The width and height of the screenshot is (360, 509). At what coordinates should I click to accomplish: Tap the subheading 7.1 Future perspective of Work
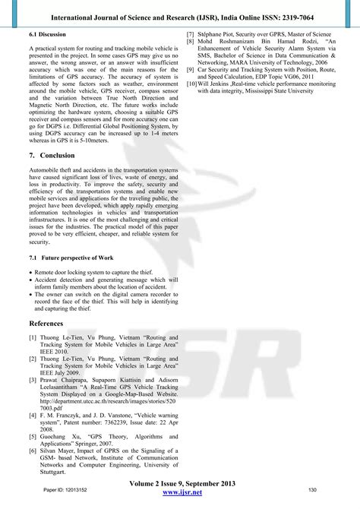(x=71, y=258)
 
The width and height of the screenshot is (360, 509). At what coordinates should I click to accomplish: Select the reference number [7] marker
(x=190, y=35)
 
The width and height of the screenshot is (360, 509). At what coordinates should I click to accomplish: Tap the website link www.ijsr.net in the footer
(x=181, y=492)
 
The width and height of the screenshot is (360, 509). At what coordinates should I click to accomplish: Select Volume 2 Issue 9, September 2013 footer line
(x=181, y=483)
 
